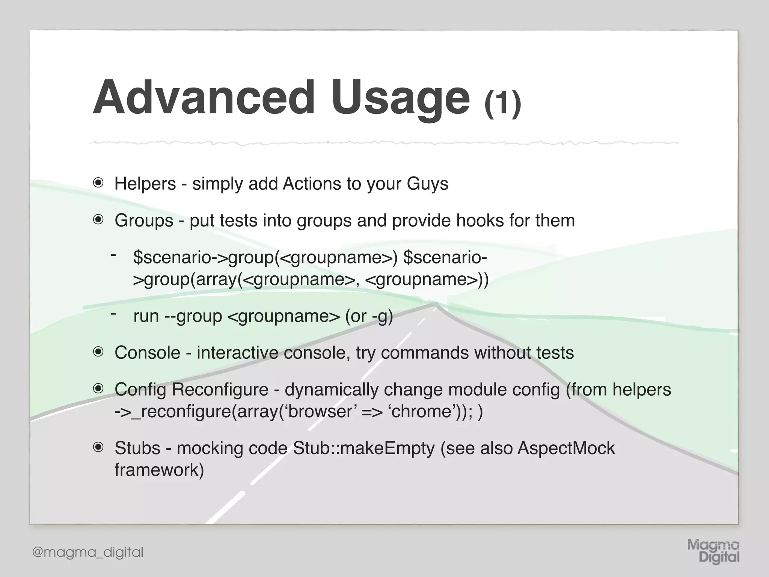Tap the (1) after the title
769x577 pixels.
tap(502, 104)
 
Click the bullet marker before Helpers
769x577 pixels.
tap(98, 183)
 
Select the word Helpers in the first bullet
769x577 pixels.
tap(145, 184)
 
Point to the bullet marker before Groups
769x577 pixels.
tap(98, 220)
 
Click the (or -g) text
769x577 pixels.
tap(369, 316)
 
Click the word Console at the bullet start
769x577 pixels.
tap(147, 353)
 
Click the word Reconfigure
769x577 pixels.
tap(220, 389)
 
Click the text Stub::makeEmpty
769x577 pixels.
tap(363, 448)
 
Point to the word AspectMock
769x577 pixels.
tap(566, 448)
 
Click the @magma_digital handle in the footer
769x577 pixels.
tap(88, 552)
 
